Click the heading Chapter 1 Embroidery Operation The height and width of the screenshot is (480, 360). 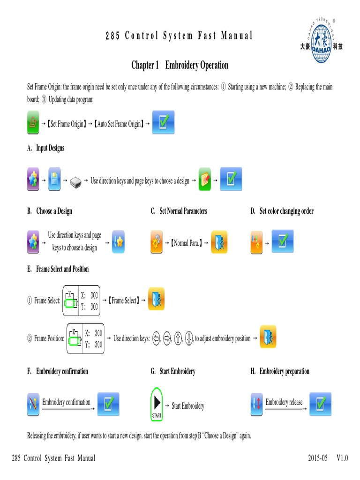pos(180,65)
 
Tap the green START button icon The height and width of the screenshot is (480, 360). pos(157,403)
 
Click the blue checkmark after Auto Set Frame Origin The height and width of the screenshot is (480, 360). pos(163,123)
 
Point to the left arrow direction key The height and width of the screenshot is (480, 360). pos(156,338)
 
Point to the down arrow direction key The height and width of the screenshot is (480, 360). pos(189,338)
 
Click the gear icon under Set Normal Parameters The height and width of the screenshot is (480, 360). pos(156,242)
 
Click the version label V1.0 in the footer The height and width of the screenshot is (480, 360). pos(342,458)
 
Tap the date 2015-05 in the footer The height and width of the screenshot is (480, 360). pos(318,458)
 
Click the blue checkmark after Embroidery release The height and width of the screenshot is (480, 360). pos(320,404)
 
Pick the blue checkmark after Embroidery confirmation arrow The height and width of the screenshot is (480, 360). pos(108,404)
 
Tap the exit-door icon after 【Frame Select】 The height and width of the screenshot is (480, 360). pos(156,299)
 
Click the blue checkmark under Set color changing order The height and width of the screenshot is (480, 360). pos(283,241)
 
